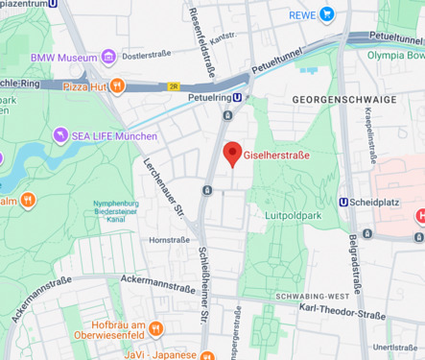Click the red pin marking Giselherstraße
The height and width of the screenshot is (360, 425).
pos(231,154)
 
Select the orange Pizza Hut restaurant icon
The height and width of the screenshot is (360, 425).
pos(116,85)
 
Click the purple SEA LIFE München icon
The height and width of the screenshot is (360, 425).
pos(60,134)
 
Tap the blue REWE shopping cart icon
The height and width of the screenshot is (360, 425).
pos(327,14)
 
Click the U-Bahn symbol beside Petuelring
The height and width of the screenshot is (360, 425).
pos(238,96)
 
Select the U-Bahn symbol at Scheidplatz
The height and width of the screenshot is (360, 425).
pos(344,202)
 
